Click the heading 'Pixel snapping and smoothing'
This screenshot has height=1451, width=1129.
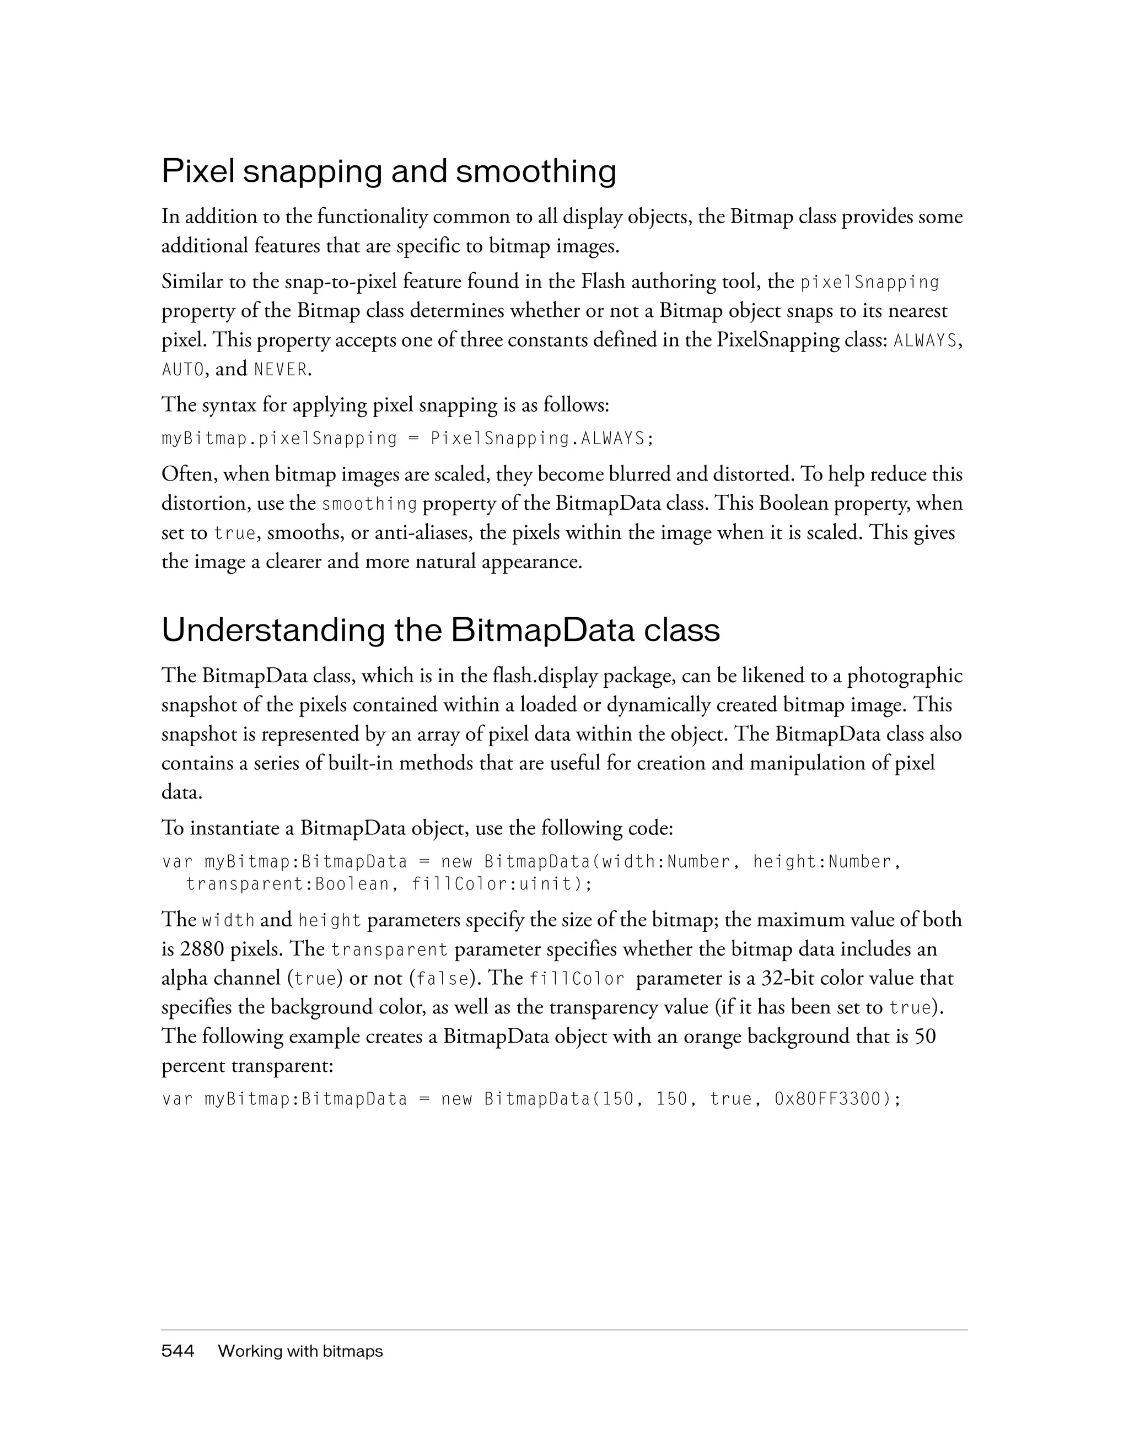tap(389, 171)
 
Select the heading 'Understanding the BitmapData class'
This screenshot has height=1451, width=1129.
tap(440, 630)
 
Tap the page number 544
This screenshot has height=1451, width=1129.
tap(178, 1351)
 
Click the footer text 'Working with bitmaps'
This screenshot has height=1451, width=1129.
tap(300, 1351)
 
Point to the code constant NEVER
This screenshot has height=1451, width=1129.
tap(281, 369)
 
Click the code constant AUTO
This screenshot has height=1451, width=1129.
tap(182, 369)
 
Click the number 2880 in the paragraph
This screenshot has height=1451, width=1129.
tap(202, 949)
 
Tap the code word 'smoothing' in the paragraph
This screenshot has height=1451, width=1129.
tap(369, 504)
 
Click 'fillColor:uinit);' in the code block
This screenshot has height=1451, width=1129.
tap(502, 884)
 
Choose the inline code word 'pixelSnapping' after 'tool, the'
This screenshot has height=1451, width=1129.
tap(870, 282)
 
